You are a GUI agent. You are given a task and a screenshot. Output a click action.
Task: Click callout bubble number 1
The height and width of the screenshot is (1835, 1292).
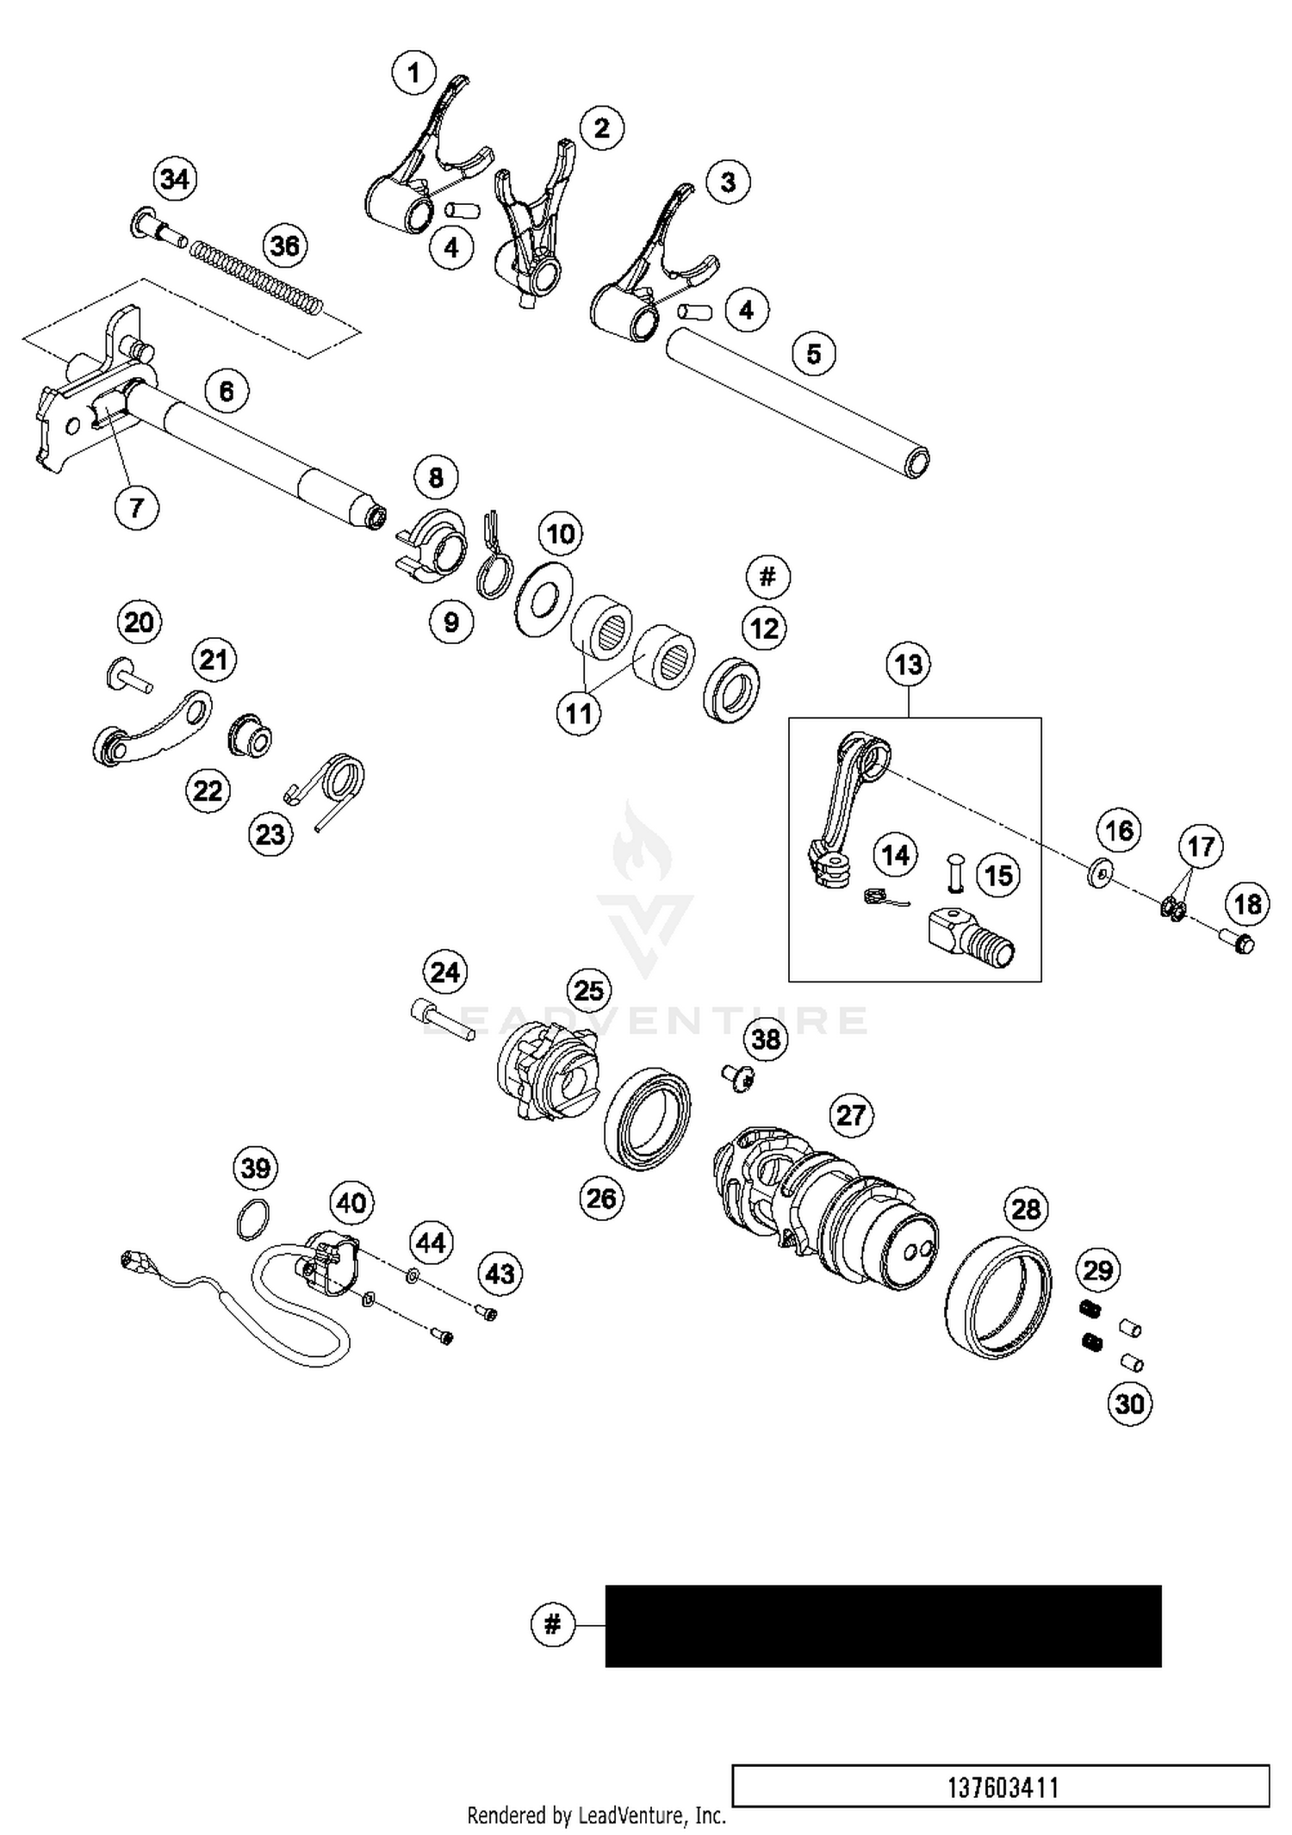click(414, 72)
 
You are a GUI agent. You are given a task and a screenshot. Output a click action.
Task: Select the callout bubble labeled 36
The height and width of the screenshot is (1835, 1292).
click(285, 246)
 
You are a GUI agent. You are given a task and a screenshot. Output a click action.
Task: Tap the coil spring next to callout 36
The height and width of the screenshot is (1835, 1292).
click(256, 274)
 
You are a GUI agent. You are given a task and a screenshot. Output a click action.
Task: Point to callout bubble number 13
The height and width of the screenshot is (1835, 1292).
click(908, 665)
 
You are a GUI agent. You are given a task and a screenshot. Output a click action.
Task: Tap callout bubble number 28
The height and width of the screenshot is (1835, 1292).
click(1026, 1210)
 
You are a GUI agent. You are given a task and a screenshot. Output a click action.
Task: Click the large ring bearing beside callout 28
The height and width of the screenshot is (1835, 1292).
click(999, 1298)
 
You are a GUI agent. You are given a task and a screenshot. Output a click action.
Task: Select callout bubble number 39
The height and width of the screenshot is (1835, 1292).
click(256, 1169)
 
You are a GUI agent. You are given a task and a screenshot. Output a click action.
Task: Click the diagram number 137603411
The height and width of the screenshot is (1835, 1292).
click(1002, 1788)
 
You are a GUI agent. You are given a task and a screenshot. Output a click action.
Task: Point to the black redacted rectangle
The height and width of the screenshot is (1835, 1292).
click(883, 1626)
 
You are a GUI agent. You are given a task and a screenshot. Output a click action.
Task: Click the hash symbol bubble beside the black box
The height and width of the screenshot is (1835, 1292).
click(553, 1625)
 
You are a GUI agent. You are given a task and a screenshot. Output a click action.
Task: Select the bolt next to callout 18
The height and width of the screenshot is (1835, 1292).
click(1239, 944)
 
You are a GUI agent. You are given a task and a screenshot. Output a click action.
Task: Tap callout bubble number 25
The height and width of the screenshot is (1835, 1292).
click(588, 990)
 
